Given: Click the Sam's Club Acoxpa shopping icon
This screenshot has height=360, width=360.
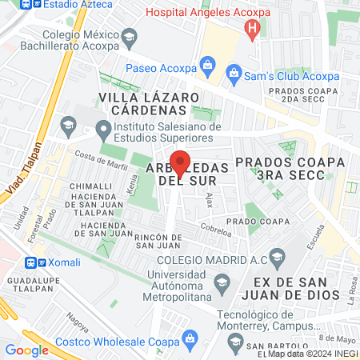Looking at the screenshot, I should click(x=234, y=75).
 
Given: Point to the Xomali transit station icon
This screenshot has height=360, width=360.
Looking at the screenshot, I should click(x=31, y=262).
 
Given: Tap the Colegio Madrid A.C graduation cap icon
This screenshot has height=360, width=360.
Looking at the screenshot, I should click(x=278, y=258).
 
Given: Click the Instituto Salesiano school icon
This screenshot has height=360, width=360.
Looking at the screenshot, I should click(x=102, y=128).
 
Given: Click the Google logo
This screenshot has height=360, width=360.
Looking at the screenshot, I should click(x=27, y=350).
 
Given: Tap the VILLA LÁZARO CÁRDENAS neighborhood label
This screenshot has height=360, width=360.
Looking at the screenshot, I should click(x=148, y=102).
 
